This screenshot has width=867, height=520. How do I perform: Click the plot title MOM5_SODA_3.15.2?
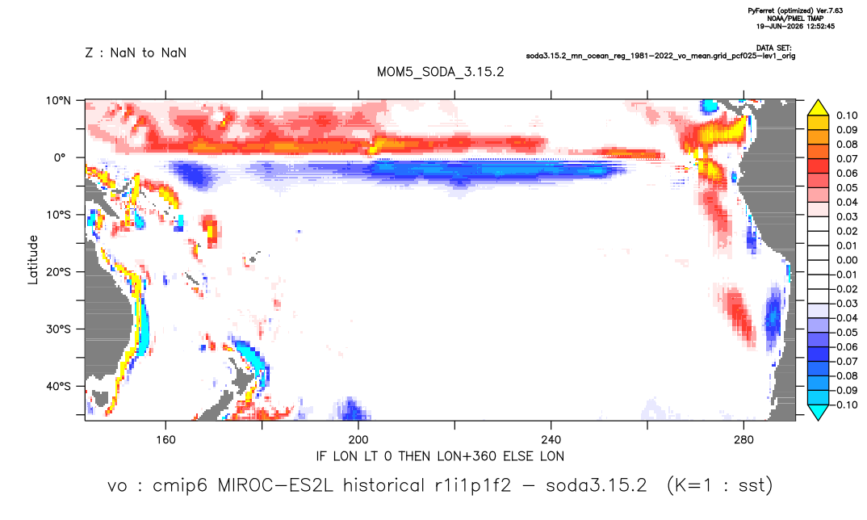click(440, 72)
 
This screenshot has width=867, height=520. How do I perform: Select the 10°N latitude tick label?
click(58, 100)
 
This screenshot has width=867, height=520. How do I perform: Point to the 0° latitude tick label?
click(61, 157)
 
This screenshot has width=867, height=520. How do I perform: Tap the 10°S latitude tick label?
click(58, 215)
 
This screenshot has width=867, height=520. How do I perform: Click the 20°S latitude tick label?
click(58, 271)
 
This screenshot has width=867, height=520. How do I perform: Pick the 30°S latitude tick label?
click(58, 329)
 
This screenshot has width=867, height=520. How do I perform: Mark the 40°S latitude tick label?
click(58, 386)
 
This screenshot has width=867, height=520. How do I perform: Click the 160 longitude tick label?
click(165, 440)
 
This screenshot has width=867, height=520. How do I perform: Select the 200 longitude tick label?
click(358, 440)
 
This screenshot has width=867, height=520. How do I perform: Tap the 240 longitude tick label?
click(551, 440)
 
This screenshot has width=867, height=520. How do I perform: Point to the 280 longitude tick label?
click(743, 440)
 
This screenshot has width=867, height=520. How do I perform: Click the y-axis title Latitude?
click(33, 260)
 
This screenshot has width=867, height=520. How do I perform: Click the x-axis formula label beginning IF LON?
click(440, 456)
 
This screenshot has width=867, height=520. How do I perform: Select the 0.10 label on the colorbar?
click(847, 115)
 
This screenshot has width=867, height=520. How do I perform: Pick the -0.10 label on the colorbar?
click(844, 405)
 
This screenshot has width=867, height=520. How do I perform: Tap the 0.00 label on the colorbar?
click(847, 260)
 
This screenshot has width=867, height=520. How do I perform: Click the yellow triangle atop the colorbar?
click(818, 108)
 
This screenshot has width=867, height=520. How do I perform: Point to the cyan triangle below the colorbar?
click(818, 412)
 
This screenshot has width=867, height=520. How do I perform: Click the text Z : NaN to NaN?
click(136, 53)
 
